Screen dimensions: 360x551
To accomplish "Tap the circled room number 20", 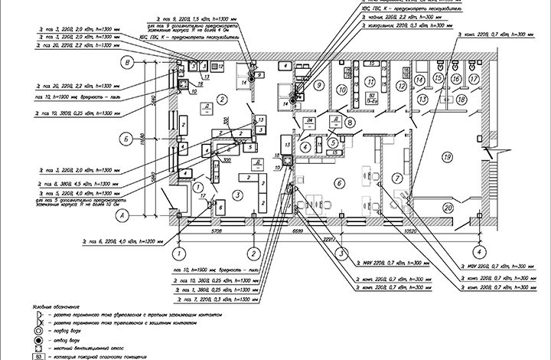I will (450, 207).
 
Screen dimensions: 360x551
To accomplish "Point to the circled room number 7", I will (396, 178).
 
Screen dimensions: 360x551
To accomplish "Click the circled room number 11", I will (370, 80).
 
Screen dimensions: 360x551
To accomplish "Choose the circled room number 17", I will (474, 78).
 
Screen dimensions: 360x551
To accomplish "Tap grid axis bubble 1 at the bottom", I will (179, 251).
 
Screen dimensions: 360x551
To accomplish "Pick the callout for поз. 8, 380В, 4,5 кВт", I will (69, 185).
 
